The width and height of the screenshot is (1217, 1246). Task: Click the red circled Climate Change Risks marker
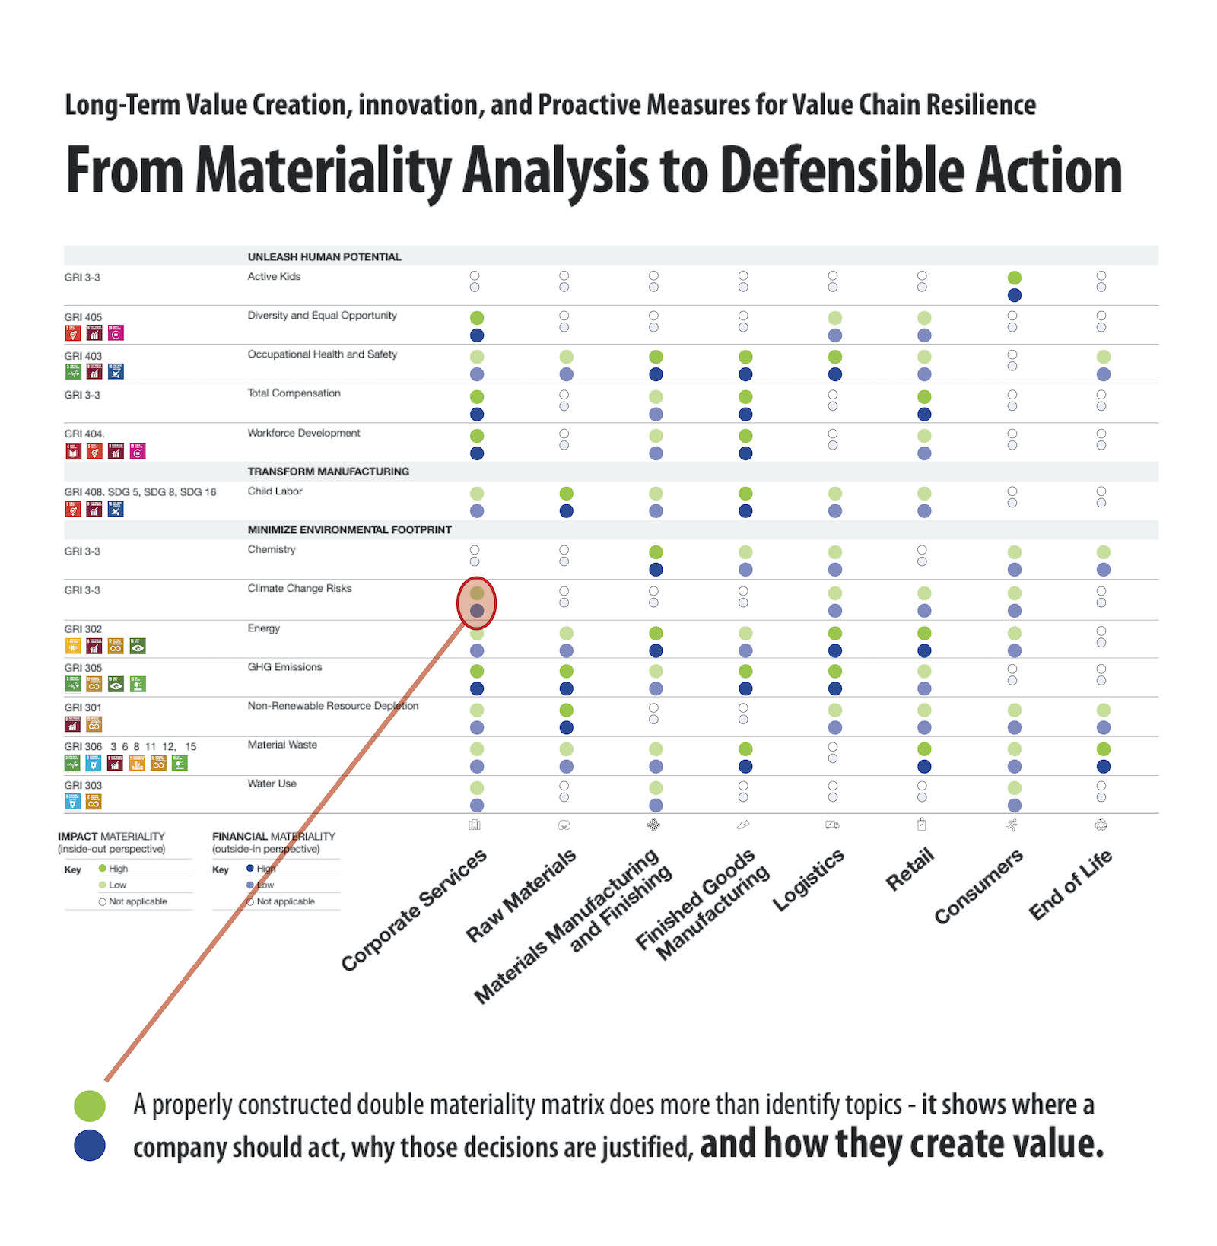[x=476, y=602]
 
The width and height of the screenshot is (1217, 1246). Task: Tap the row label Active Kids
[x=274, y=277]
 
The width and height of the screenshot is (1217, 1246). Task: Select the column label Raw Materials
[x=522, y=896]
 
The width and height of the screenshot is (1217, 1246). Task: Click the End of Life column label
[x=1069, y=884]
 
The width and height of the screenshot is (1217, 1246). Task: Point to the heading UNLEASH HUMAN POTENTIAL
[x=324, y=257]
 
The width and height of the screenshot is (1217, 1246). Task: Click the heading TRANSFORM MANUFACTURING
[x=328, y=472]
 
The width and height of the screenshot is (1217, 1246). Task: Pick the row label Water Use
[x=272, y=784]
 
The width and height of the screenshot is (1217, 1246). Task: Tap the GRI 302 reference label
[x=83, y=629]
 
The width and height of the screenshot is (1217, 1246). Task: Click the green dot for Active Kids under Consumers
[x=1014, y=278]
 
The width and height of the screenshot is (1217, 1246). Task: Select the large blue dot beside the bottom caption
[x=90, y=1146]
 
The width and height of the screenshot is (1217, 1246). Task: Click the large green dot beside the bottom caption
[x=90, y=1105]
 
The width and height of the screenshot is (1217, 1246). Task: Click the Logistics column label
[x=809, y=879]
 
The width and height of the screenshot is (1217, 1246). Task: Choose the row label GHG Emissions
[x=284, y=667]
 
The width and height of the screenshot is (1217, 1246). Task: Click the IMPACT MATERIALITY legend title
[x=111, y=836]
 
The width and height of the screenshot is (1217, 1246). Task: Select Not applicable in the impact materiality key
[x=137, y=901]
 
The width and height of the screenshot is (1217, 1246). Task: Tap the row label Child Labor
[x=275, y=491]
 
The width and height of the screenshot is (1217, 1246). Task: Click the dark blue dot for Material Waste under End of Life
[x=1103, y=767]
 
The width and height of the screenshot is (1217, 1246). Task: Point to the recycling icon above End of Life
[x=1101, y=825]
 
